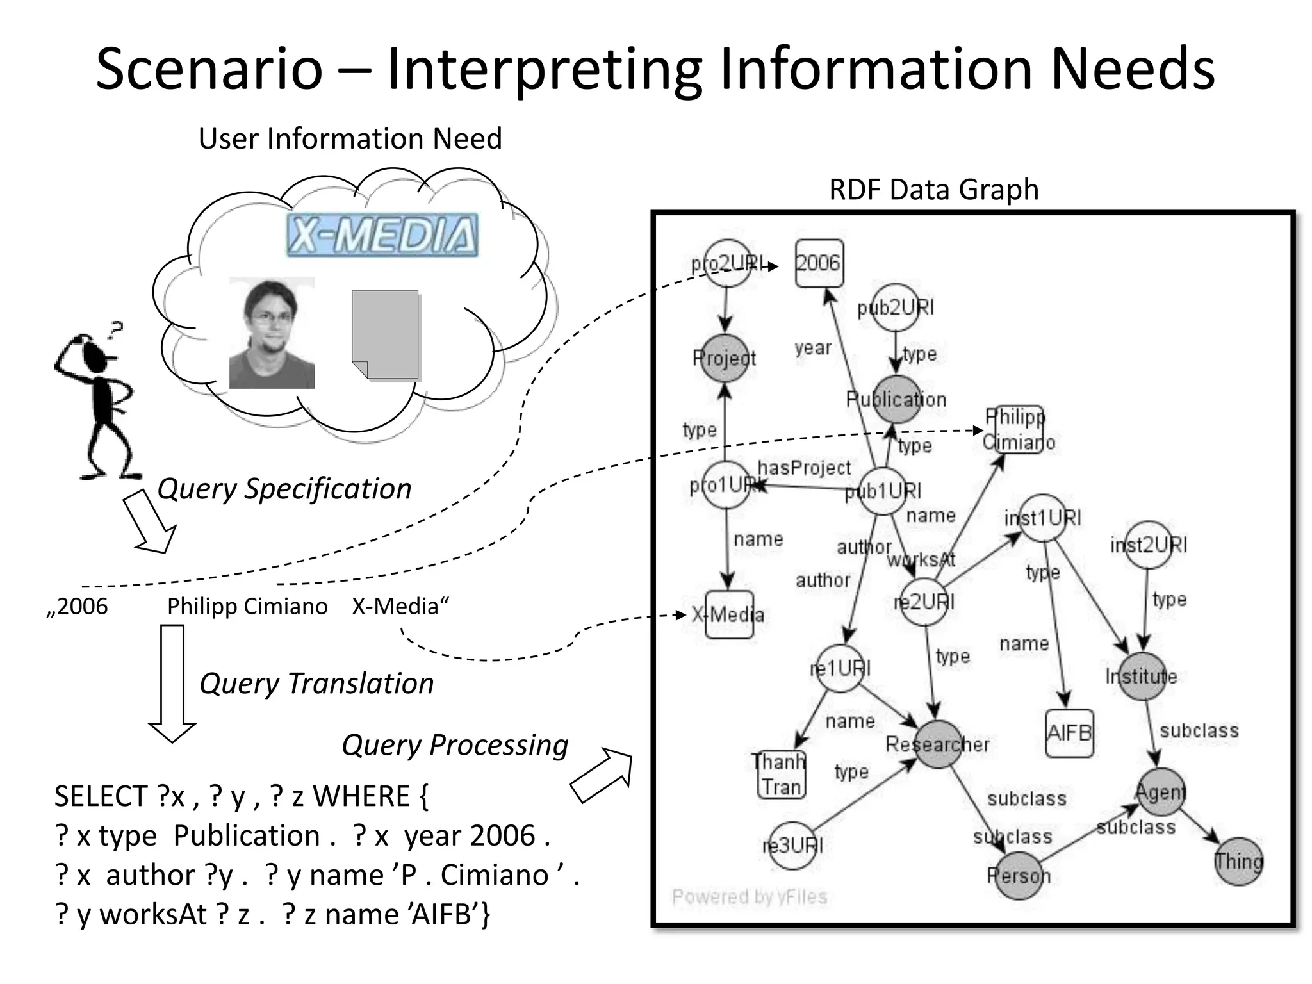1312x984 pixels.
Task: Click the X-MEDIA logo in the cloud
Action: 382,235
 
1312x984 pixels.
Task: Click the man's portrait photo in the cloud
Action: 272,333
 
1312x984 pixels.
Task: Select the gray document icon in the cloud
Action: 386,335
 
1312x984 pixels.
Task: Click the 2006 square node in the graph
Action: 819,263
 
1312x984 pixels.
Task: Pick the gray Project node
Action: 725,358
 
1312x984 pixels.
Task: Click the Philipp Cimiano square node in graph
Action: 1018,429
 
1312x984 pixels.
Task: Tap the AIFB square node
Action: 1069,732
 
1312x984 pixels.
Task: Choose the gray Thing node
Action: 1238,862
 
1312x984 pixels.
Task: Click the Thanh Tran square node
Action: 780,775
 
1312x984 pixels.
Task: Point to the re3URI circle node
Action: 792,846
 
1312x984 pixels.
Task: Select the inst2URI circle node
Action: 1148,545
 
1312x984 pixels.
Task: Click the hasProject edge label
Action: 804,468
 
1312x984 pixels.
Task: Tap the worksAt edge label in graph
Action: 921,559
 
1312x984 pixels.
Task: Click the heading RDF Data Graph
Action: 933,190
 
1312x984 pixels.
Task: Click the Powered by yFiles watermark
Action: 750,896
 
